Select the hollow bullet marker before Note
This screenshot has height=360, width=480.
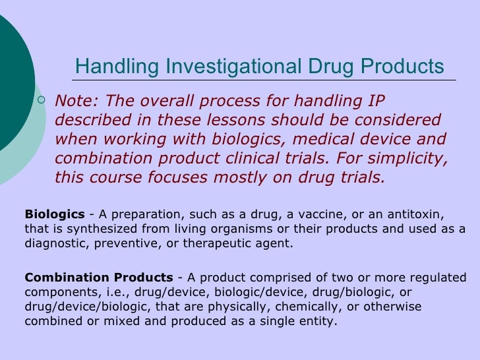[42, 101]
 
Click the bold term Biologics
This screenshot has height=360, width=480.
[55, 215]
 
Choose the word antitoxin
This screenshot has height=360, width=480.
[415, 215]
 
